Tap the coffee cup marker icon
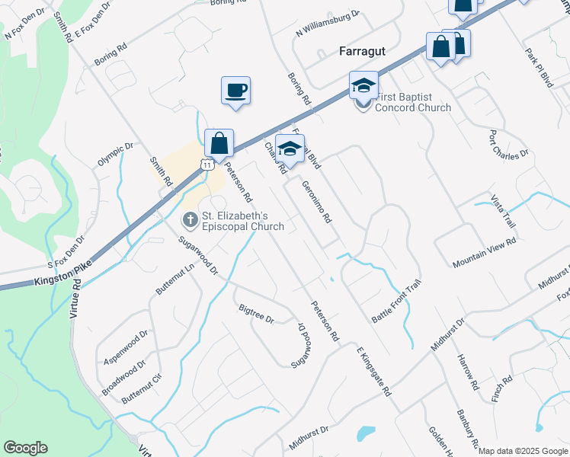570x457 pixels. click(235, 91)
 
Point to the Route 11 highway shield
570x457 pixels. click(207, 163)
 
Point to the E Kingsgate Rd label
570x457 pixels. click(373, 370)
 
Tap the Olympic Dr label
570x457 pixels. click(115, 155)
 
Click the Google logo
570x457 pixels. click(25, 448)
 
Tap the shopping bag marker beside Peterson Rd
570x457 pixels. click(219, 143)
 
